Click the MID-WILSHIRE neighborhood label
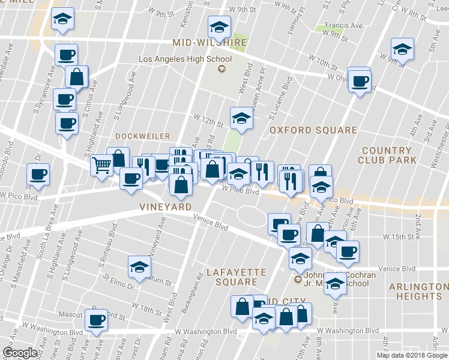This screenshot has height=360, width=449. point(209,43)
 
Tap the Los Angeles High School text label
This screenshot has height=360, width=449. point(185,59)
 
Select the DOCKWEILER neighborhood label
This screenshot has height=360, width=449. point(142,136)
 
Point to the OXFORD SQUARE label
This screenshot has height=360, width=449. point(313,130)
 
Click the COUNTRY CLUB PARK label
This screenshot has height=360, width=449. point(387,155)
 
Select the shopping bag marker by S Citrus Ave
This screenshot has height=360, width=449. point(77,76)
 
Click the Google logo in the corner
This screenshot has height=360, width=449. point(20,353)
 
